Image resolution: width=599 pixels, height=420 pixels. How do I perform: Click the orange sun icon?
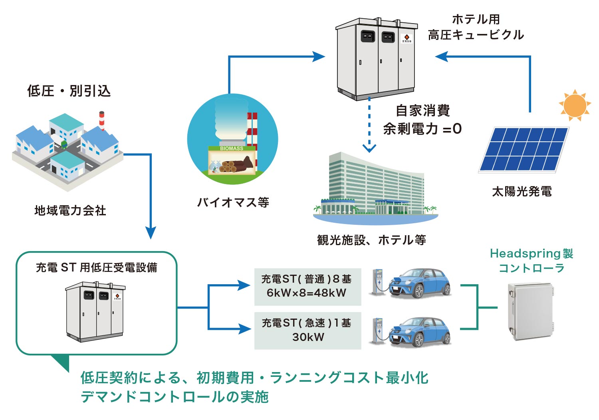coord(575,105)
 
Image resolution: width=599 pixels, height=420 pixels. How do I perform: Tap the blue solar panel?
coord(524,149)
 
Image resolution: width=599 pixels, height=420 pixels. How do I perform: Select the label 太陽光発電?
coord(522,192)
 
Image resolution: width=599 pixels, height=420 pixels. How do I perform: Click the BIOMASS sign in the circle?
coord(232,149)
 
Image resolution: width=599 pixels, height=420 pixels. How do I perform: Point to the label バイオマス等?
coord(233,202)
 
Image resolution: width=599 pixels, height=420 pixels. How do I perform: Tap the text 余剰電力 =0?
coord(422,129)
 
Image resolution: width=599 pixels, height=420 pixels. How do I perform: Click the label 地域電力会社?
coord(70,210)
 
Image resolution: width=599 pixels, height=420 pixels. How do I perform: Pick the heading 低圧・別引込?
coord(69,91)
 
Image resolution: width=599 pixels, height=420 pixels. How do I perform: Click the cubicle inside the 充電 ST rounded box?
coord(95,311)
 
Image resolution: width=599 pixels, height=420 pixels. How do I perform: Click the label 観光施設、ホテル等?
coord(371,240)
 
